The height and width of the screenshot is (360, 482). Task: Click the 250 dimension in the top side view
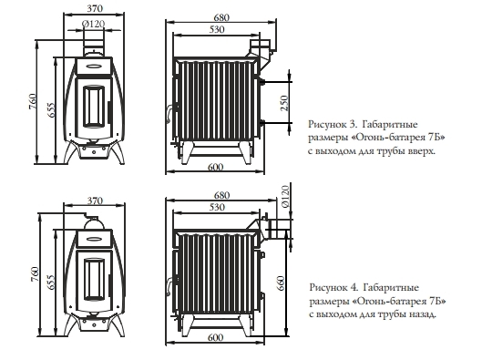285,103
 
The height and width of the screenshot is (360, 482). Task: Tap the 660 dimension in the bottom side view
281,283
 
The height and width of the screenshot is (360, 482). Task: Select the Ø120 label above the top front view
94,24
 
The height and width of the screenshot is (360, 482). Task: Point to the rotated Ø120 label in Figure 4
285,197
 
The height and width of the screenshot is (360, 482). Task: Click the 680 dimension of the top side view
221,17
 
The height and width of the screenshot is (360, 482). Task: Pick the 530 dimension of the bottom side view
217,207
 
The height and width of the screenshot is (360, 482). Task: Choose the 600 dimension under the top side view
215,168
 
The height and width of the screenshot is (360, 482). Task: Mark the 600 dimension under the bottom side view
215,337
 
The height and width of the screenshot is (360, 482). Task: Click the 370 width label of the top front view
95,8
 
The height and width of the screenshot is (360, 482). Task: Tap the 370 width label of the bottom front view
95,201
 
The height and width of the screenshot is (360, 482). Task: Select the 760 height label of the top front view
33,101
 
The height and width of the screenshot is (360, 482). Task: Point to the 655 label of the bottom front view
51,282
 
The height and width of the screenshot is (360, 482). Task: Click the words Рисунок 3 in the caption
333,125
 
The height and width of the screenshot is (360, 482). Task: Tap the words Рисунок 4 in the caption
333,287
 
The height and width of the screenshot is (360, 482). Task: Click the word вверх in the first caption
421,151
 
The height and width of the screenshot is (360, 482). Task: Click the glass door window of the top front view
94,107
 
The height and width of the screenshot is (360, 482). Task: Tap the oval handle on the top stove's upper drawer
94,66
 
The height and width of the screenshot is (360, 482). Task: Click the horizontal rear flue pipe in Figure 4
277,230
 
